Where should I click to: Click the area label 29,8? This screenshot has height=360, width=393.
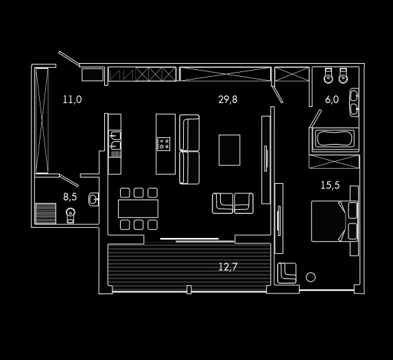point(228,99)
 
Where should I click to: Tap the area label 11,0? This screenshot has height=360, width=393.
point(72,99)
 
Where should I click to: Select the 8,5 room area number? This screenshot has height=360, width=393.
point(70,197)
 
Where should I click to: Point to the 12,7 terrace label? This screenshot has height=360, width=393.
point(228,267)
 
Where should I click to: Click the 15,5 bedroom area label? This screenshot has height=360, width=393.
point(330,185)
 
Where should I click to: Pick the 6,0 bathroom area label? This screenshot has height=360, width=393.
point(332,99)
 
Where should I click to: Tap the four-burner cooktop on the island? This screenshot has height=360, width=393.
point(163,144)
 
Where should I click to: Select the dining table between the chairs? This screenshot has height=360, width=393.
point(138,208)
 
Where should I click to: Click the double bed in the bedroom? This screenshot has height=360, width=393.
point(334,221)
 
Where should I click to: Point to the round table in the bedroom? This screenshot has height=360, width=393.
point(311,277)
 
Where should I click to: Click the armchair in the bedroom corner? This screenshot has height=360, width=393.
point(287,273)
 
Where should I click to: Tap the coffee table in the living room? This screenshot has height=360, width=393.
point(229,150)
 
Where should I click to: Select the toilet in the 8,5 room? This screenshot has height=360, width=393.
point(71,215)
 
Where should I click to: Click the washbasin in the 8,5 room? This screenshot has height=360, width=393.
point(93,200)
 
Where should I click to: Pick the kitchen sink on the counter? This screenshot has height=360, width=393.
point(115,141)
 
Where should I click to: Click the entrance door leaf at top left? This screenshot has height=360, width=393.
point(69,59)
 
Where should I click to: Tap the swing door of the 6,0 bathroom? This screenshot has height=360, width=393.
point(315,119)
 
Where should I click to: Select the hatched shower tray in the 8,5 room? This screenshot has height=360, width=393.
point(46,213)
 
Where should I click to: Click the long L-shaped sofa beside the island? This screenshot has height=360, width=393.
point(189,149)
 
